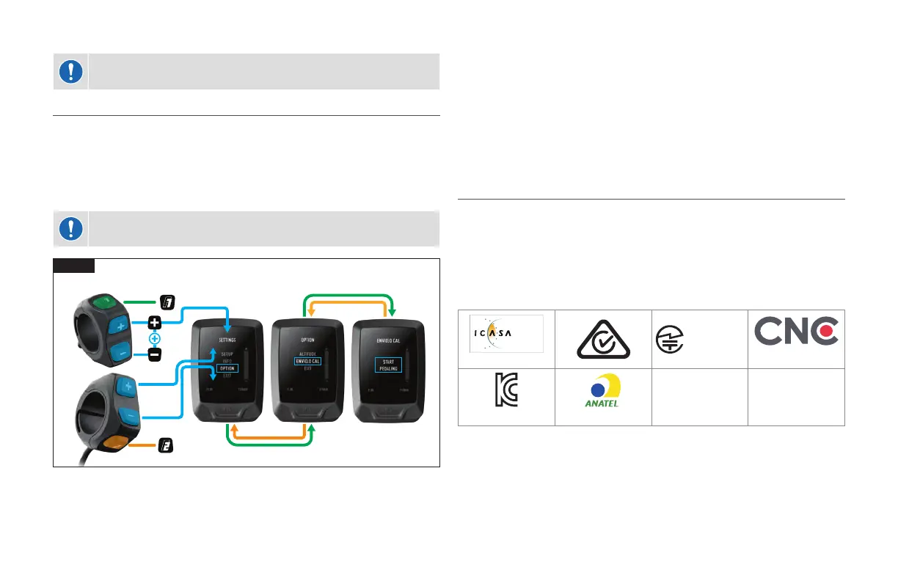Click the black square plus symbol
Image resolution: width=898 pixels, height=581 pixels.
pos(155,323)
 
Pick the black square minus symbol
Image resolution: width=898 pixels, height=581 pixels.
pos(155,355)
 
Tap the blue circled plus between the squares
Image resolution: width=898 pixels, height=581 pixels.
pos(155,339)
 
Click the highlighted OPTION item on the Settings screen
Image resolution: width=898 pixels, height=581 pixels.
pos(227,368)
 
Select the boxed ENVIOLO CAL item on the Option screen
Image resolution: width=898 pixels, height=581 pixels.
pos(308,361)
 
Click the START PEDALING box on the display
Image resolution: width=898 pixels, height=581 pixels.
pos(389,365)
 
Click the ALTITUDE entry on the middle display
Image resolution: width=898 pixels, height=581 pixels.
pos(308,353)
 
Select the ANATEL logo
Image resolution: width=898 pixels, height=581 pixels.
pos(602,397)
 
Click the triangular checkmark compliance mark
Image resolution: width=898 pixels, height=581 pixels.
pos(602,338)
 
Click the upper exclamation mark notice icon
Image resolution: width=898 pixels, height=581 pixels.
pos(70,71)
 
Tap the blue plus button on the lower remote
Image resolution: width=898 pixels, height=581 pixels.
pos(127,386)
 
